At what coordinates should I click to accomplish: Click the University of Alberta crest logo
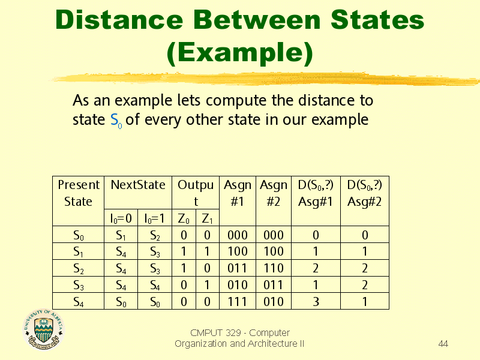coord(44,329)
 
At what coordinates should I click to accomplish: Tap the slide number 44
coord(443,343)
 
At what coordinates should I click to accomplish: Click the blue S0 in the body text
coord(116,120)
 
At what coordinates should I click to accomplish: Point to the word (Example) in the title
coord(240,53)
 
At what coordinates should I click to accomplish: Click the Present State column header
coord(79,193)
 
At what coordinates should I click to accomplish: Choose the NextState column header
coord(138,185)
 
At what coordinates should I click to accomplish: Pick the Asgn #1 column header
coord(237,193)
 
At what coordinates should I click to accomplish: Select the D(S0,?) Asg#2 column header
coord(364,193)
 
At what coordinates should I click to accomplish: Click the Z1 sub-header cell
coord(207,218)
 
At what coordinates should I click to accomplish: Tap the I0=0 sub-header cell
coord(121,218)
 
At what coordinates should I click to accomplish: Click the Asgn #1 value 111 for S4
coord(237,302)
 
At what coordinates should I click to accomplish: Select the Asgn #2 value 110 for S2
coord(274,268)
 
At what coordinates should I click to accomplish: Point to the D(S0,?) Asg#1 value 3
coord(316,302)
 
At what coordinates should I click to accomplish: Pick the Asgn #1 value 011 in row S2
coord(237,268)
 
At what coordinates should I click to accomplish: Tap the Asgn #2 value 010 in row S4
coord(274,302)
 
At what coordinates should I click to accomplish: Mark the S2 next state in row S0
coord(155,235)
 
